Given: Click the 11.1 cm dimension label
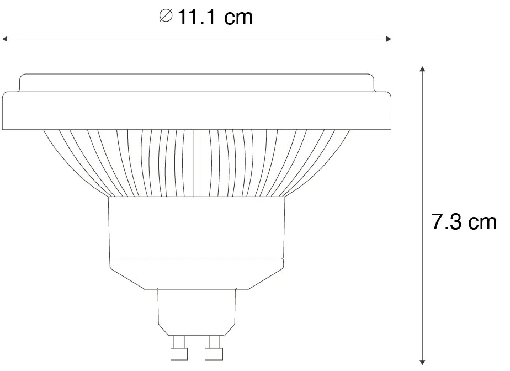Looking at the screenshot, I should [x=206, y=18].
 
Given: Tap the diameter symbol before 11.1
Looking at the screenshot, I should [x=165, y=18].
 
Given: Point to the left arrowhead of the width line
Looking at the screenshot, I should [x=6, y=39].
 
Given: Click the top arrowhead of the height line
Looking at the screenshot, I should [x=422, y=70].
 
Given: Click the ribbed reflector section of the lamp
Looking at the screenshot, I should [x=197, y=163].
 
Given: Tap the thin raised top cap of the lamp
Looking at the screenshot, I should [x=197, y=83].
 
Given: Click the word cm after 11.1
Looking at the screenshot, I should [x=238, y=18].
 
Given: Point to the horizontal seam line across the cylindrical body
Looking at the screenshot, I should [x=197, y=258].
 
